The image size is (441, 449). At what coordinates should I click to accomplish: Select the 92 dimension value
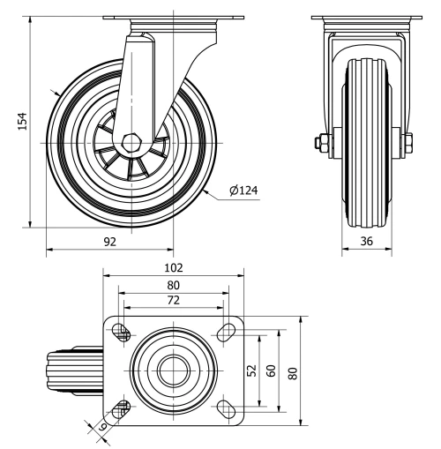tap(110, 239)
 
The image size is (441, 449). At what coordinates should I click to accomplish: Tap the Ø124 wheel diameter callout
tap(244, 190)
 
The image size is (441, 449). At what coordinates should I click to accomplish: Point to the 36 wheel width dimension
tap(365, 239)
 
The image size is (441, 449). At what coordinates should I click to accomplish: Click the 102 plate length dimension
tap(173, 267)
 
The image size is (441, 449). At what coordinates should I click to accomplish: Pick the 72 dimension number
tap(173, 301)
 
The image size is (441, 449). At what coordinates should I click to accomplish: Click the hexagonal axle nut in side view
tap(132, 142)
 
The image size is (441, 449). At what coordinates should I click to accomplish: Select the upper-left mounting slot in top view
tap(121, 333)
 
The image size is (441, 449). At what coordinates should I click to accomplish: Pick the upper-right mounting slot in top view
tap(226, 333)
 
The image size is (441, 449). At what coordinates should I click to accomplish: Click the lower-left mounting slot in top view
tap(121, 408)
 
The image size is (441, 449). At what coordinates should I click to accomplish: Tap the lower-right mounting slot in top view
tap(226, 408)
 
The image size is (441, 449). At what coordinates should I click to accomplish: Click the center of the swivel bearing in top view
tap(173, 370)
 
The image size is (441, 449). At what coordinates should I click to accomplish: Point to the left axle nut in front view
tap(319, 141)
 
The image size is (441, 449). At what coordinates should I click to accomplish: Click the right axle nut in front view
tap(410, 141)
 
